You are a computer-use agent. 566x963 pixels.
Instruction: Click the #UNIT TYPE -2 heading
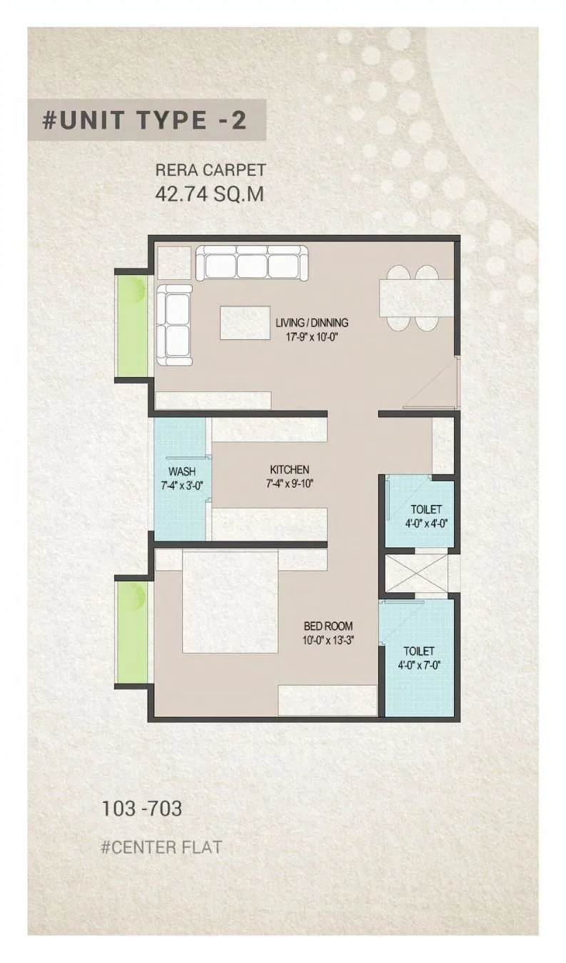pyautogui.click(x=144, y=120)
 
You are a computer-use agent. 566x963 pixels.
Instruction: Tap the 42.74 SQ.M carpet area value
pyautogui.click(x=210, y=194)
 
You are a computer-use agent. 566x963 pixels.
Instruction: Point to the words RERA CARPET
pyautogui.click(x=211, y=170)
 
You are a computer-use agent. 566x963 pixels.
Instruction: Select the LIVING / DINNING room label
pyautogui.click(x=312, y=322)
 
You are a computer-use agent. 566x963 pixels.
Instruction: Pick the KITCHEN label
pyautogui.click(x=290, y=469)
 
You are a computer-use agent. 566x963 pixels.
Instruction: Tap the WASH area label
pyautogui.click(x=182, y=471)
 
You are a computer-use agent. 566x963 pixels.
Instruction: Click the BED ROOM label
pyautogui.click(x=328, y=626)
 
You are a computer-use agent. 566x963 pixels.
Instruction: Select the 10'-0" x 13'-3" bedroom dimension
pyautogui.click(x=328, y=641)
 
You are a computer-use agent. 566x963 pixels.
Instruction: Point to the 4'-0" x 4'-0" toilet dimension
pyautogui.click(x=426, y=524)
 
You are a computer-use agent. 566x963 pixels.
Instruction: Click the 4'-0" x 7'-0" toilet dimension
pyautogui.click(x=419, y=666)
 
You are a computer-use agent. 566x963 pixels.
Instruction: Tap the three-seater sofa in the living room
pyautogui.click(x=252, y=263)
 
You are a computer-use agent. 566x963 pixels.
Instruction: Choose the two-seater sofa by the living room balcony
pyautogui.click(x=174, y=325)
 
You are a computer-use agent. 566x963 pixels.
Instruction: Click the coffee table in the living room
pyautogui.click(x=246, y=323)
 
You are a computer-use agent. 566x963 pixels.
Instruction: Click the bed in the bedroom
pyautogui.click(x=230, y=602)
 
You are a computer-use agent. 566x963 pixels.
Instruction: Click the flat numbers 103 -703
pyautogui.click(x=141, y=809)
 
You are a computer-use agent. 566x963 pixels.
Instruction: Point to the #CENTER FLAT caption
pyautogui.click(x=161, y=847)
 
